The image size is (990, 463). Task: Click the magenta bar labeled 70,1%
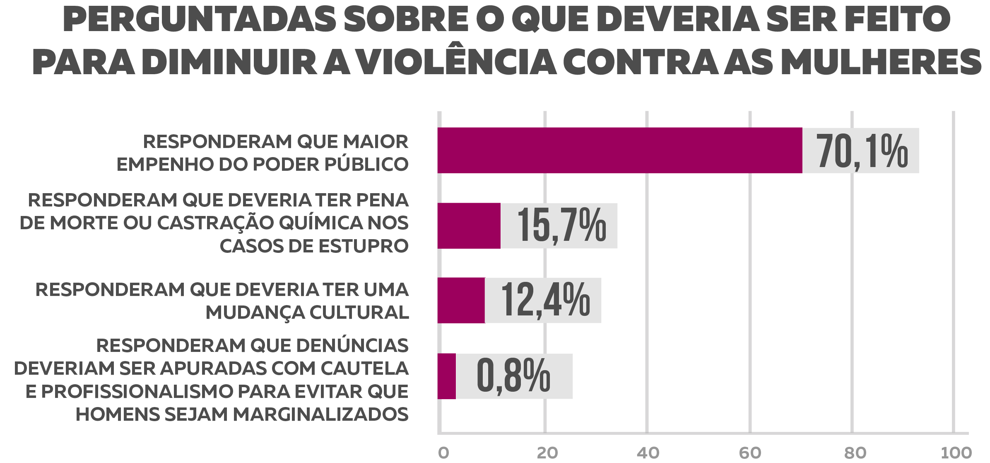click(619, 150)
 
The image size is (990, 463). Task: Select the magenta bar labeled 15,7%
click(469, 226)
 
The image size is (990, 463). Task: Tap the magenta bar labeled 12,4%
click(461, 301)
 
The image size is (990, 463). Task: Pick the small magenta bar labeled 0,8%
click(446, 376)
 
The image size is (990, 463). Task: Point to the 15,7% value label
click(561, 226)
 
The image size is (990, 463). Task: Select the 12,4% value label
click(545, 301)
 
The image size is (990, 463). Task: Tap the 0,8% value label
click(513, 376)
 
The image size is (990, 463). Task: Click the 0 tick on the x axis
click(443, 453)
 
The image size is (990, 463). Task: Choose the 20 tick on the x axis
click(547, 453)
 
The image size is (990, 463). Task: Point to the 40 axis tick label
click(648, 453)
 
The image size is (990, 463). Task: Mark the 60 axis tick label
click(750, 453)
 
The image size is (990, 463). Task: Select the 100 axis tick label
click(956, 453)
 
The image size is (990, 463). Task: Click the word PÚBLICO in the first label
click(366, 165)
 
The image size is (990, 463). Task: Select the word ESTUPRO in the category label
click(363, 246)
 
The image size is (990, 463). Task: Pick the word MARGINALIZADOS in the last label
click(321, 415)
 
